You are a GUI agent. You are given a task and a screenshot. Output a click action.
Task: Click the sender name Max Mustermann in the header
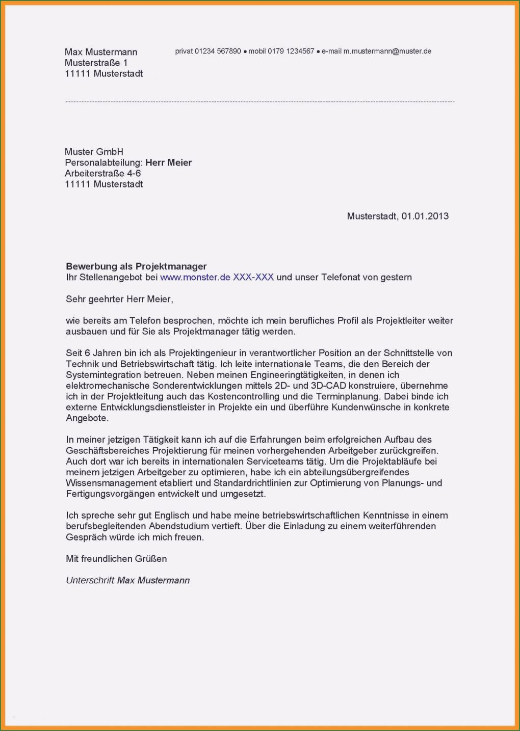(x=100, y=52)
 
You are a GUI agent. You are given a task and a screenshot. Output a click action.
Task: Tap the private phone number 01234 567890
(x=218, y=51)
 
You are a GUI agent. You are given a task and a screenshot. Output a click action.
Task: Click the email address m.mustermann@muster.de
(x=387, y=51)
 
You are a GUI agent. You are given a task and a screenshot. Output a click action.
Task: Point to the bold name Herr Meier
(x=168, y=163)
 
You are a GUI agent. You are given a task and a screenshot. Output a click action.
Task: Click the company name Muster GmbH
(x=94, y=152)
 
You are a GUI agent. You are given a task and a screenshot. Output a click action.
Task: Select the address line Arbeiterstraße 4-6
(x=102, y=174)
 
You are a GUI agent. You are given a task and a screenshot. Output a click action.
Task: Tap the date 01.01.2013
(x=425, y=216)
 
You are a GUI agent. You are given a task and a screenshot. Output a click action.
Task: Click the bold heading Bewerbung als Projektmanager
(x=136, y=266)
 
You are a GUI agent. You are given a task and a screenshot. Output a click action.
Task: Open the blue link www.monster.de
(x=195, y=278)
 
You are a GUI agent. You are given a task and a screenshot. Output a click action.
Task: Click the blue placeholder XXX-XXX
(x=253, y=278)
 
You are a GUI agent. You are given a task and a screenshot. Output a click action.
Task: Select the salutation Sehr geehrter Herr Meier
(x=119, y=299)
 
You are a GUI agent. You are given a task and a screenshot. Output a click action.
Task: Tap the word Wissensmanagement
(x=111, y=483)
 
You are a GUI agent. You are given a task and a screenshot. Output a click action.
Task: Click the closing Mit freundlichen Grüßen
(x=116, y=559)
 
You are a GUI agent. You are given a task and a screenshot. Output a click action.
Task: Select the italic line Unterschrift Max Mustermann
(x=127, y=580)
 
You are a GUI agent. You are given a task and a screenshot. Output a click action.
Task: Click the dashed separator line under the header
(x=260, y=102)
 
